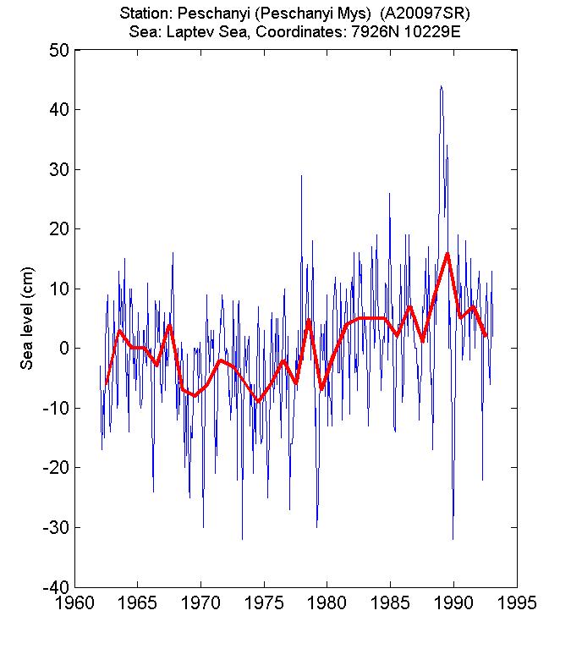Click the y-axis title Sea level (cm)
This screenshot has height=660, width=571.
click(x=27, y=318)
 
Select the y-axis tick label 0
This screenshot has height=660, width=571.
click(x=63, y=349)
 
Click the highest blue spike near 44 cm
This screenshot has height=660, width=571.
click(x=441, y=86)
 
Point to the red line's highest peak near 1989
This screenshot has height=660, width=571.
click(x=447, y=253)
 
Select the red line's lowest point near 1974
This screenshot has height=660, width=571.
click(x=258, y=401)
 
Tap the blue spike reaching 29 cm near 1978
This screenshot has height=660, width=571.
click(x=301, y=176)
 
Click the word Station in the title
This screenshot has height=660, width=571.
click(x=144, y=14)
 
